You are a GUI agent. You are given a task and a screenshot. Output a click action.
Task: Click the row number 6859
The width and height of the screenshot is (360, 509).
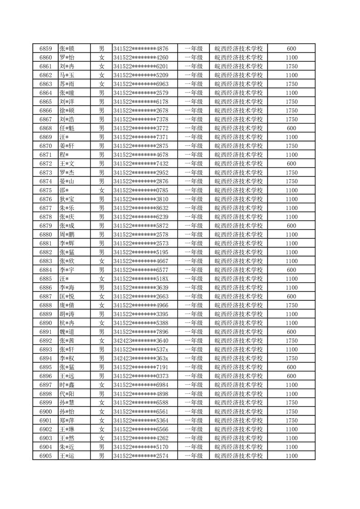(45, 49)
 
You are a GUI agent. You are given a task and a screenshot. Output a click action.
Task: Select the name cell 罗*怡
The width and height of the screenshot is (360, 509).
(67, 58)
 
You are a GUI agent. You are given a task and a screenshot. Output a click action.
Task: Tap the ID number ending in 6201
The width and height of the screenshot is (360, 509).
(141, 66)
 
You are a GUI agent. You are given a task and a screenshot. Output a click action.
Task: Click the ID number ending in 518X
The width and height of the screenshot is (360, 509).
(141, 279)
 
